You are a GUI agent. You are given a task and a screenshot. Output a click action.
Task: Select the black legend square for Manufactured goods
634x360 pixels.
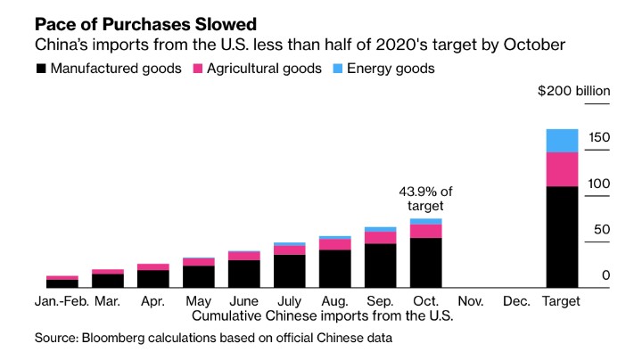40,69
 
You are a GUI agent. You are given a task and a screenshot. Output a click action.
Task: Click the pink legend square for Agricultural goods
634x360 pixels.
197,69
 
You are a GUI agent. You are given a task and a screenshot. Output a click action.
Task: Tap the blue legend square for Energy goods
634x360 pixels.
340,69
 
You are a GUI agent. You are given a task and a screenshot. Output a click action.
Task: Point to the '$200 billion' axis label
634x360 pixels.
573,91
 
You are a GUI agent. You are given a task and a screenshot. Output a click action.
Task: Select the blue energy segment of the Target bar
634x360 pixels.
562,140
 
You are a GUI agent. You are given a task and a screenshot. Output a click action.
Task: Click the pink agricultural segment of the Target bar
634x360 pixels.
562,169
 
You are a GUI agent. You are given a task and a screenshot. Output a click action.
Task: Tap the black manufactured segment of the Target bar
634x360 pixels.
562,237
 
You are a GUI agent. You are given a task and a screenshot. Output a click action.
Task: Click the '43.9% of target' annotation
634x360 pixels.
426,197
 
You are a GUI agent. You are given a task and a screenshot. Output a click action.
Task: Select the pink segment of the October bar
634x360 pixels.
426,231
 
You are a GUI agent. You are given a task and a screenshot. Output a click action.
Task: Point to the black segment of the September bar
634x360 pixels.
381,266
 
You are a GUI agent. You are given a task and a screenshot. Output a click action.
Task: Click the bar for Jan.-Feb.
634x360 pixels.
62,282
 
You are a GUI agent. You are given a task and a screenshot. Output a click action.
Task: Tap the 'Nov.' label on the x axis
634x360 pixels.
472,301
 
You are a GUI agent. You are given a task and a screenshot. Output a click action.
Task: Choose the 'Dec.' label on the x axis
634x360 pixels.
517,301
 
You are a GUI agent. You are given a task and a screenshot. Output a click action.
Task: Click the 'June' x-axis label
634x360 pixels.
243,301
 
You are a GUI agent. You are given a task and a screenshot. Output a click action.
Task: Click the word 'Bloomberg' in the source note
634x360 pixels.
119,339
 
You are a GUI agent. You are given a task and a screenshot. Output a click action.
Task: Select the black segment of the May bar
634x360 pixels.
198,277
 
